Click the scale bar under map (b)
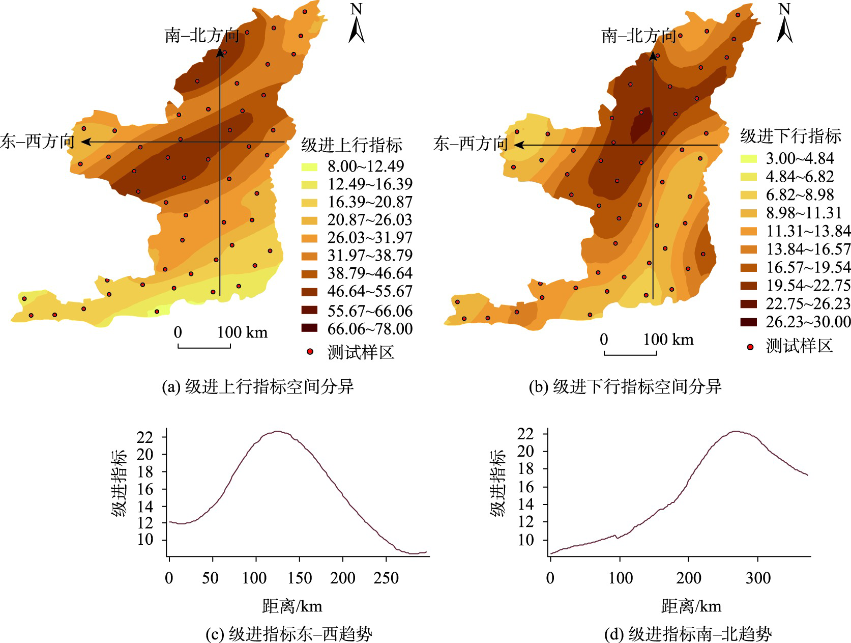[x=630, y=353]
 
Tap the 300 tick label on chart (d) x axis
[x=758, y=578]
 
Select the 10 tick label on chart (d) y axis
[x=525, y=540]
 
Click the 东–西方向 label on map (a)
[x=37, y=142]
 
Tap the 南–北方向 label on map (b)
[x=638, y=36]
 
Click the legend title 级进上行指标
[x=351, y=145]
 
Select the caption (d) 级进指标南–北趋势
[x=687, y=634]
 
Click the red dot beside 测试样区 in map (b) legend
[x=750, y=347]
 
